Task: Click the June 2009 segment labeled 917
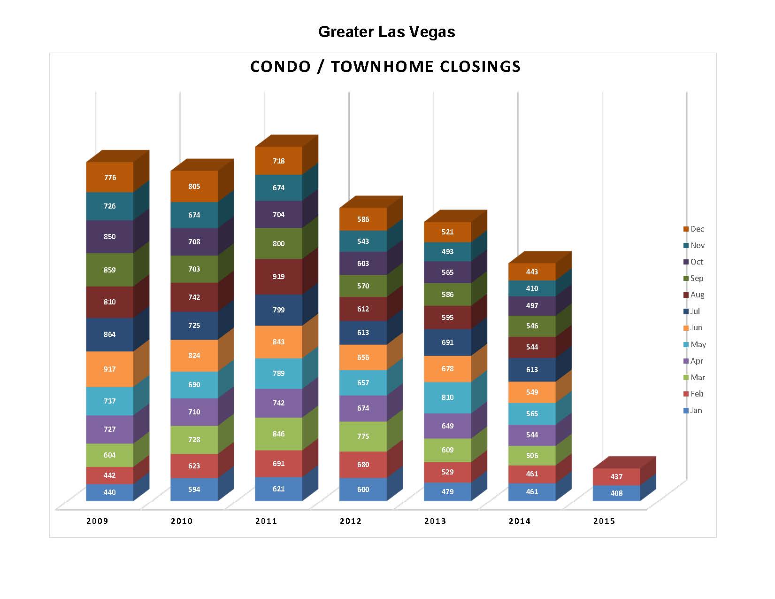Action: point(110,369)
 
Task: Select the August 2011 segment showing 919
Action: point(279,277)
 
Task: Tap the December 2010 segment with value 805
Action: point(194,187)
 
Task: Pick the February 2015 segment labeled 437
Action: point(616,477)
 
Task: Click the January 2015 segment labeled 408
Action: point(616,493)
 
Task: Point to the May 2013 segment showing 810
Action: point(448,397)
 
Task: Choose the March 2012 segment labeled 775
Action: point(363,436)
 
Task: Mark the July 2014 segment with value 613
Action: point(532,370)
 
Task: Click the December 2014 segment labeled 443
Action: point(532,272)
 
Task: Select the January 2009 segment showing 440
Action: point(110,492)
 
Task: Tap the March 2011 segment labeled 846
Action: point(279,434)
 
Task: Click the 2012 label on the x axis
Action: point(351,521)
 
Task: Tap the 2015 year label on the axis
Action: point(604,521)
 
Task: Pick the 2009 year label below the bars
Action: point(97,521)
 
